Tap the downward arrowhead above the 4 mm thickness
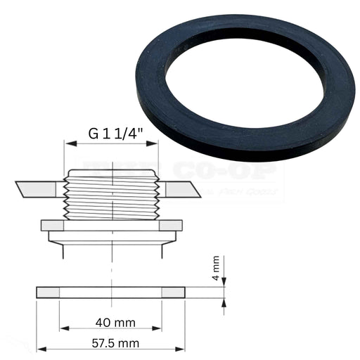click(x=224, y=284)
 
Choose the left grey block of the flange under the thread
click(x=53, y=226)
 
